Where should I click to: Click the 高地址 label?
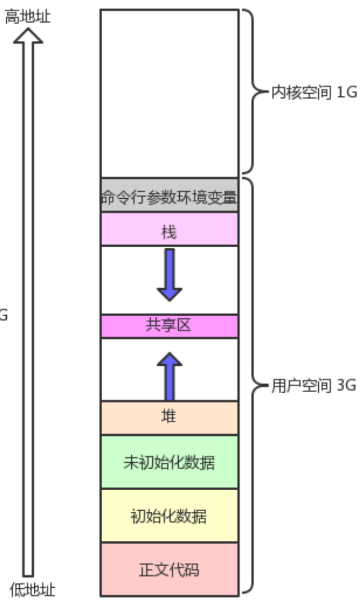[28, 17]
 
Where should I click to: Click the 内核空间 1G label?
[314, 93]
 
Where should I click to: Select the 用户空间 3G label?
[314, 386]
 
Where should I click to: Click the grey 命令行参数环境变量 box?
[169, 196]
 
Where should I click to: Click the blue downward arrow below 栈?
[169, 274]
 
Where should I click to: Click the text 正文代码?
[169, 570]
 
